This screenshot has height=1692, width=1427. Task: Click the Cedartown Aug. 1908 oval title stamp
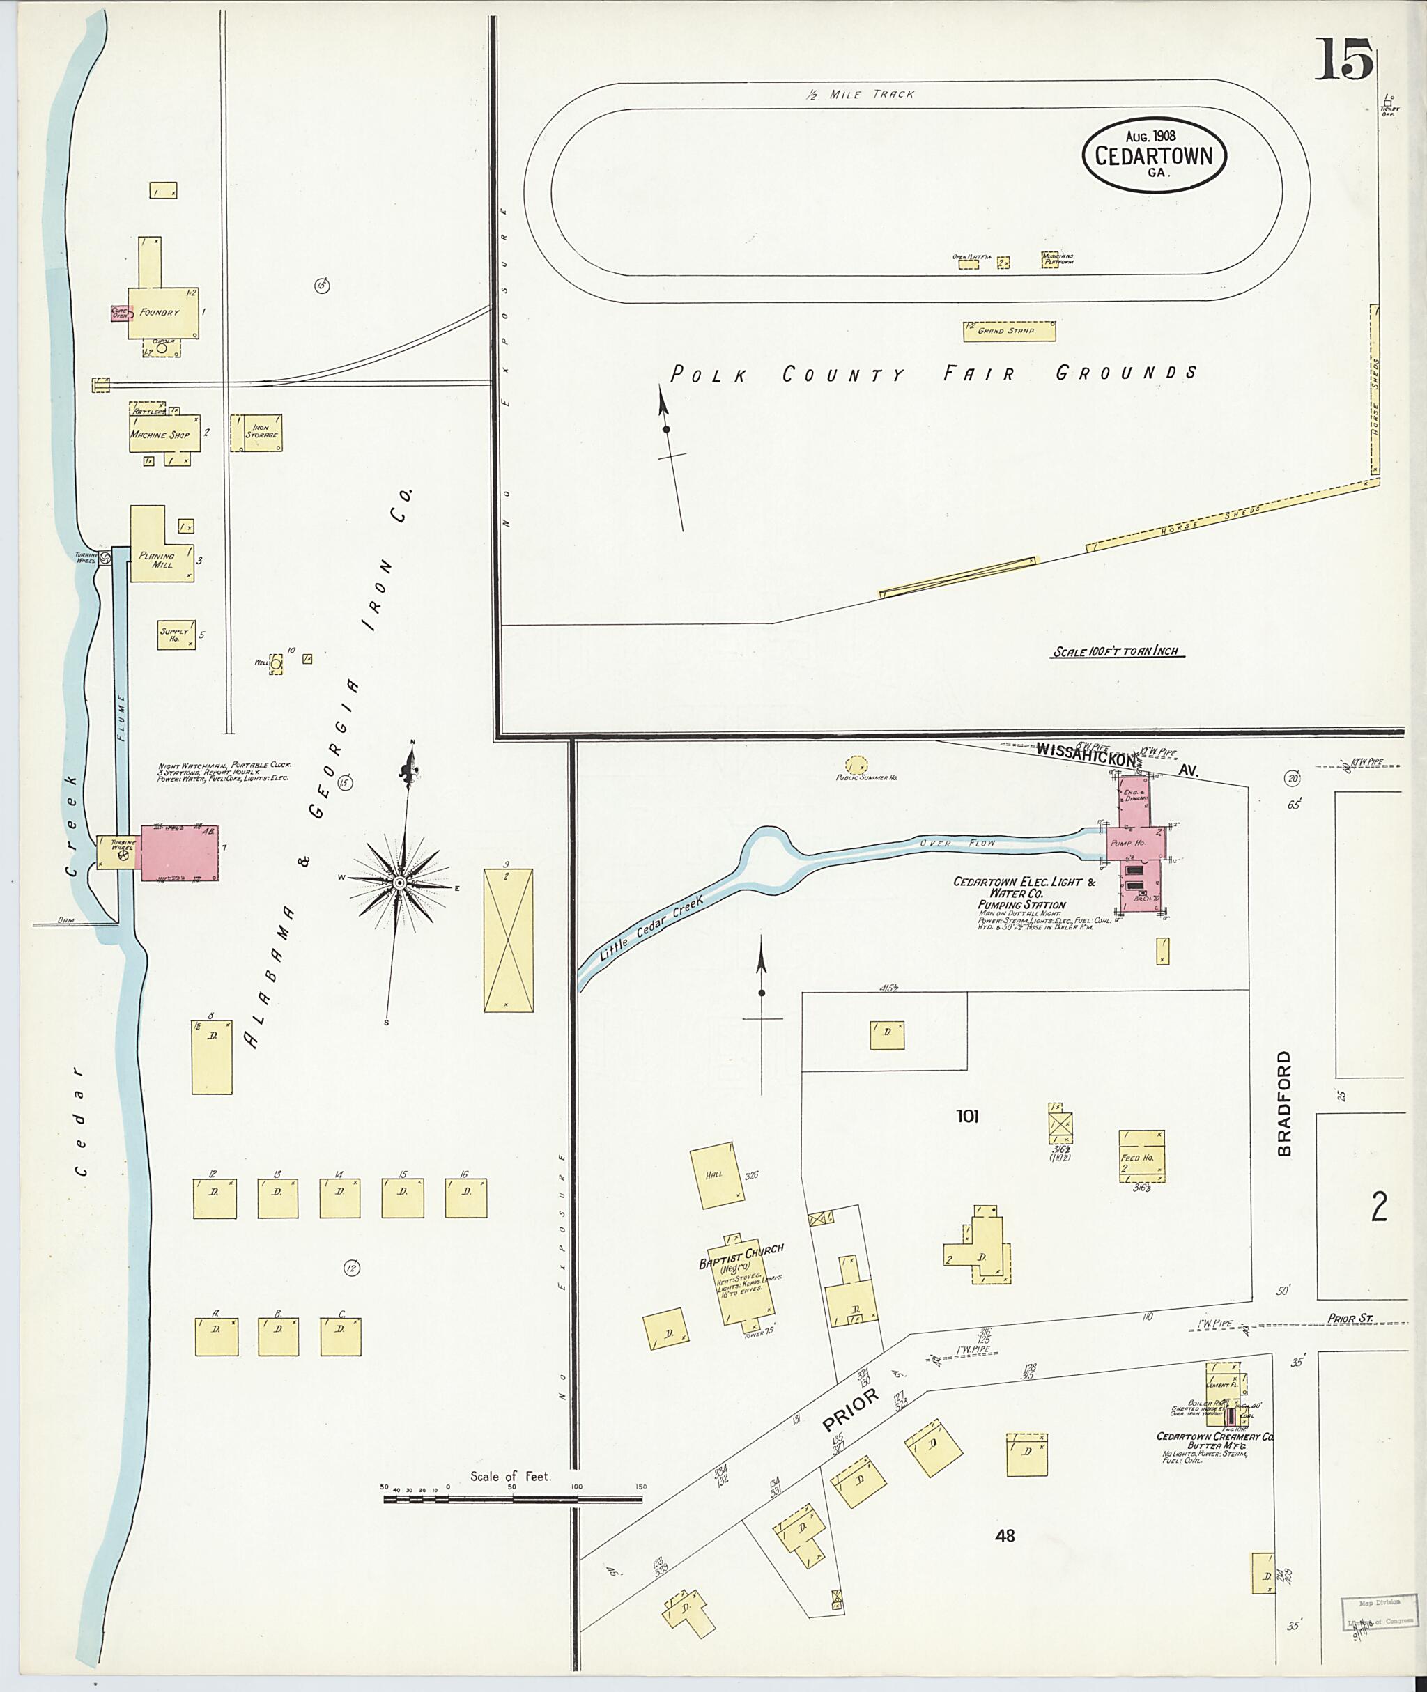tap(1154, 156)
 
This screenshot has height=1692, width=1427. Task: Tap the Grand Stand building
tap(1009, 331)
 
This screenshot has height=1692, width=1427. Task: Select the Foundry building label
tap(159, 312)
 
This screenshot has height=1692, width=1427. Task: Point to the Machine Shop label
tap(160, 435)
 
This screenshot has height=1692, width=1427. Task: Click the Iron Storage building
tap(257, 433)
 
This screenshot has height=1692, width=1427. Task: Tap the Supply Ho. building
tap(176, 635)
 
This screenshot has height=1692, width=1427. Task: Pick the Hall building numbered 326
tap(717, 1175)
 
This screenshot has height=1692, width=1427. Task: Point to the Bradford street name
tap(1286, 1103)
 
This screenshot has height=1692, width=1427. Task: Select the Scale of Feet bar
tap(511, 1498)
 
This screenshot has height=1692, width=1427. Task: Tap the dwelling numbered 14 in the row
tap(340, 1198)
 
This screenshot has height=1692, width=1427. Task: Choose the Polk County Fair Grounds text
tap(934, 373)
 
